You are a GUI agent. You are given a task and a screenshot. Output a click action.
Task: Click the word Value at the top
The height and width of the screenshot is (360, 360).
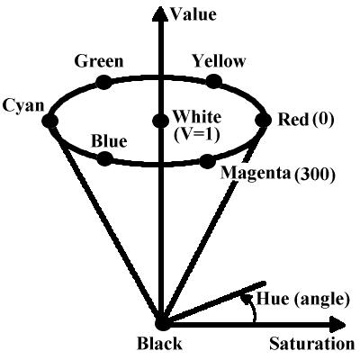point(193,14)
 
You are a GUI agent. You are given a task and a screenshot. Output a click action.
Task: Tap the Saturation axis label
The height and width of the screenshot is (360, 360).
point(312,343)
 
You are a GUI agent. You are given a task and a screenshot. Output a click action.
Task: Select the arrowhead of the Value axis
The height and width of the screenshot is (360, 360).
point(161,13)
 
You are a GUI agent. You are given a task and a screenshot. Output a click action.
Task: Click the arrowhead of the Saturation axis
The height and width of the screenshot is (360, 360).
point(337,324)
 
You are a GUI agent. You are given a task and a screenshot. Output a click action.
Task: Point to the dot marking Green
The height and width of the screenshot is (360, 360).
point(104,82)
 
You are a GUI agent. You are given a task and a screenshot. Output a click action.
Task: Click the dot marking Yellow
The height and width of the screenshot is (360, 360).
point(214,81)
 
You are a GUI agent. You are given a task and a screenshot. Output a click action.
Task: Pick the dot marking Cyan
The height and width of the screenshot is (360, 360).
point(49,121)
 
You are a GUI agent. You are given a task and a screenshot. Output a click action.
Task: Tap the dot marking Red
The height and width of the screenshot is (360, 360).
point(263,120)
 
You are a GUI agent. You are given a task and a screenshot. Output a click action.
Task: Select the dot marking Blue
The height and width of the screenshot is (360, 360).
point(105,158)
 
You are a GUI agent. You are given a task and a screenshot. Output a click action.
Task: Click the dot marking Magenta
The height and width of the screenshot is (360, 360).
point(208,161)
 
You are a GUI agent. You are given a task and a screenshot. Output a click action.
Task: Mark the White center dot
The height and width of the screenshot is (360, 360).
point(160,121)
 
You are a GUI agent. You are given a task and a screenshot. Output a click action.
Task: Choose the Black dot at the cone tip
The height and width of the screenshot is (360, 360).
point(163,324)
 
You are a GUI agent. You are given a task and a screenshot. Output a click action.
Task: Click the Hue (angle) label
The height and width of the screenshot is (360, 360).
point(303,299)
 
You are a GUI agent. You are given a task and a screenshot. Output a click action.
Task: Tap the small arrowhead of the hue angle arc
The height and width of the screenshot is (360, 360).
point(247,298)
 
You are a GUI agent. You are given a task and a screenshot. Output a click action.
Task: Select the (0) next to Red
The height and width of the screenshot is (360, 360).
point(323,120)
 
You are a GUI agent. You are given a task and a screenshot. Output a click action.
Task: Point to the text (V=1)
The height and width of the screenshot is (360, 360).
point(197,135)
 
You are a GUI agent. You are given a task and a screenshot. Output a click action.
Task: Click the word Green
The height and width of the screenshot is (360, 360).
point(99,61)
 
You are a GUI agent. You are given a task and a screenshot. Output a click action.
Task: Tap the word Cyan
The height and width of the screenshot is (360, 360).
point(22,106)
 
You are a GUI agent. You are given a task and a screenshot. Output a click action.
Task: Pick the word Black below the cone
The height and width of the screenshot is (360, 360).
point(159,344)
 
